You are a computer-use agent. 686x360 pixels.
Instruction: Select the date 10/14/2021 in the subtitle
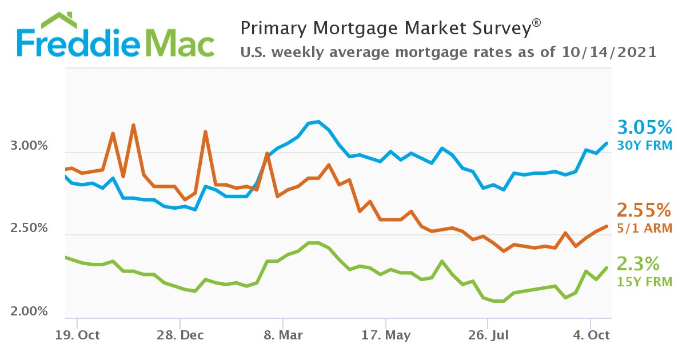(x=608, y=53)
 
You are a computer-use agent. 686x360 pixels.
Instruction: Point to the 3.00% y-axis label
(x=29, y=146)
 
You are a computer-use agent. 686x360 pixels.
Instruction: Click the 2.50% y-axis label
(x=29, y=229)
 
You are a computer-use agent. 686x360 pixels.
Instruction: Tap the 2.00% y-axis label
(x=29, y=311)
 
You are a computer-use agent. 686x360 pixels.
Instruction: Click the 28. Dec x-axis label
(x=180, y=335)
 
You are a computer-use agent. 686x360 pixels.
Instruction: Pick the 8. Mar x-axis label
(x=283, y=335)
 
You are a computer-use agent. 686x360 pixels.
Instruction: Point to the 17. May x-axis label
(x=386, y=335)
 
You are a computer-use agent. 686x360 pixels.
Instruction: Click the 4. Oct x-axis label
(x=591, y=335)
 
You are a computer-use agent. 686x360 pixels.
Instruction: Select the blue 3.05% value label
(x=644, y=127)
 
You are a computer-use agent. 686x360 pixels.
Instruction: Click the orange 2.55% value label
(x=644, y=210)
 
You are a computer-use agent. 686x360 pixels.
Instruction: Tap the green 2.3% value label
(x=638, y=263)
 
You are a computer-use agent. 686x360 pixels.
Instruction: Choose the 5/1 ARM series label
(x=644, y=228)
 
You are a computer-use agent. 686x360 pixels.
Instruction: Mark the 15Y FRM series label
(x=644, y=282)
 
